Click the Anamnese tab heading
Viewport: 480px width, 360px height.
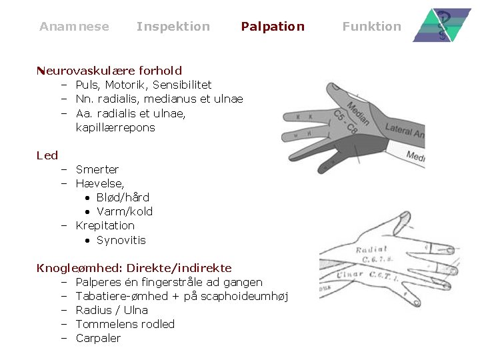click(74, 27)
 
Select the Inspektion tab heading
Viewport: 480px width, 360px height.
click(173, 27)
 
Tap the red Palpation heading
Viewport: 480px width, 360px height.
click(272, 27)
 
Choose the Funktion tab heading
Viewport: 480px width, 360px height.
click(371, 27)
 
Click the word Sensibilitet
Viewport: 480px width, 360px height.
click(182, 85)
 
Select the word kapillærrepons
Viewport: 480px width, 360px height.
click(115, 127)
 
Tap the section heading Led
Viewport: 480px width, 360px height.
click(47, 155)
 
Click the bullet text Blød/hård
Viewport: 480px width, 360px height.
click(123, 197)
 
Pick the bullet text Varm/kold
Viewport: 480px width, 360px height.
click(125, 211)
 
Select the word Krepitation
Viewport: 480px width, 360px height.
click(105, 225)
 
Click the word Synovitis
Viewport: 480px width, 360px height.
click(121, 240)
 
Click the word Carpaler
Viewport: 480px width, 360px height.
click(98, 338)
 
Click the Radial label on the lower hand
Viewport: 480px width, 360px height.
click(371, 250)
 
